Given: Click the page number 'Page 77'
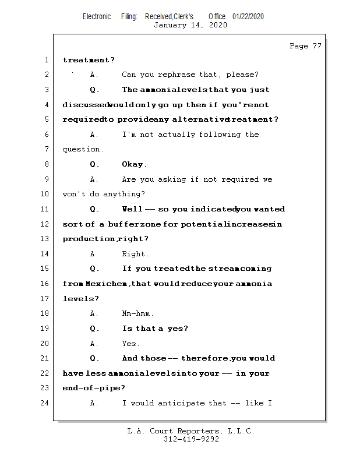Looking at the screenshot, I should pos(305,46).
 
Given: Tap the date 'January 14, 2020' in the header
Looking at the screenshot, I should pos(190,25).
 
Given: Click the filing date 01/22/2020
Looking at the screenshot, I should pos(248,16).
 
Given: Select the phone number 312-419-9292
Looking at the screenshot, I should pos(191,439).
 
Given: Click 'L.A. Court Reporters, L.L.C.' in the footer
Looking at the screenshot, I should pos(191,431).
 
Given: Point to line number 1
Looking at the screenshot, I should pos(46,60).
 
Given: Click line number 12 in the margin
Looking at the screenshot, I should pos(44,224).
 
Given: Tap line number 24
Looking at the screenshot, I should pos(44,403).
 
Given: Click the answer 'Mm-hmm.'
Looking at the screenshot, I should pos(138,313).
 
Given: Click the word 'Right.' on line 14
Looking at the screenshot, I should pos(135,254).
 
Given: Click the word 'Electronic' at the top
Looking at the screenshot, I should pos(97,16).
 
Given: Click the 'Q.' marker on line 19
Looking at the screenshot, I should pos(94,329).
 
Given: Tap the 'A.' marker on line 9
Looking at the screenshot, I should pos(94,179).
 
